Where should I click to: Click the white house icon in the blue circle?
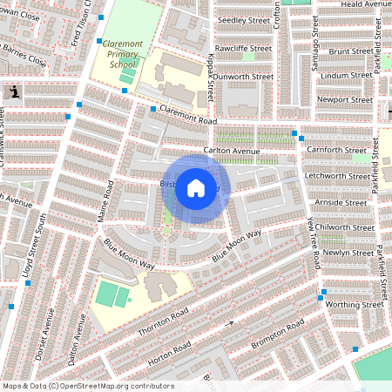click(196, 187)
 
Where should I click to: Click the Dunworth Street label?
click(245, 77)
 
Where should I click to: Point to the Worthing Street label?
click(355, 305)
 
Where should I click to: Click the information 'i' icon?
click(15, 91)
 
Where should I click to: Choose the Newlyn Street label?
click(342, 253)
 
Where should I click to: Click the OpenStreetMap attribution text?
click(88, 386)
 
